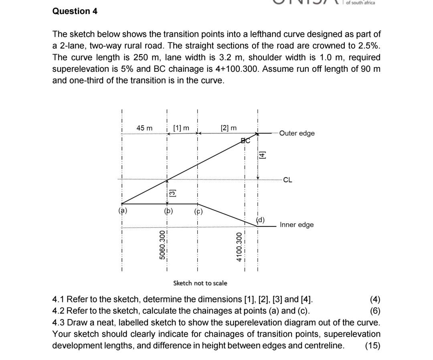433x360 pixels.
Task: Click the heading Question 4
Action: pos(75,11)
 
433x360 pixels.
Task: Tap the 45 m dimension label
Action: pos(144,128)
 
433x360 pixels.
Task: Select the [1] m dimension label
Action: pos(181,128)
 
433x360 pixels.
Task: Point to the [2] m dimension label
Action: pos(229,128)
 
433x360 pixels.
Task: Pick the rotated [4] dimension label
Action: pos(262,155)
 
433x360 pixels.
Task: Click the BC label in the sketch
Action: pos(245,141)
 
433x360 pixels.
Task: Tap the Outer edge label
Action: pos(297,133)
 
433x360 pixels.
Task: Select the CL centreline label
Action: pos(287,180)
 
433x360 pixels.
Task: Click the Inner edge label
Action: pos(297,224)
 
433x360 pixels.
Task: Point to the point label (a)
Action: pos(122,210)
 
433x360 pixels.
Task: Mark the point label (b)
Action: pos(168,211)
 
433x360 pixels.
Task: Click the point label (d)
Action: pos(261,220)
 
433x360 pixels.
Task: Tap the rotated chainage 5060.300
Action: pos(162,245)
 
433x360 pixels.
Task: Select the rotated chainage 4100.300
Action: pos(239,247)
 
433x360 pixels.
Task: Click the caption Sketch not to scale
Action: pos(200,283)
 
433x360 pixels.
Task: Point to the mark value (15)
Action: pos(372,346)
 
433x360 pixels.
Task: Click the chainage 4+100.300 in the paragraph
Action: pos(239,69)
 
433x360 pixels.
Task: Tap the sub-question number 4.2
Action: pos(59,311)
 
